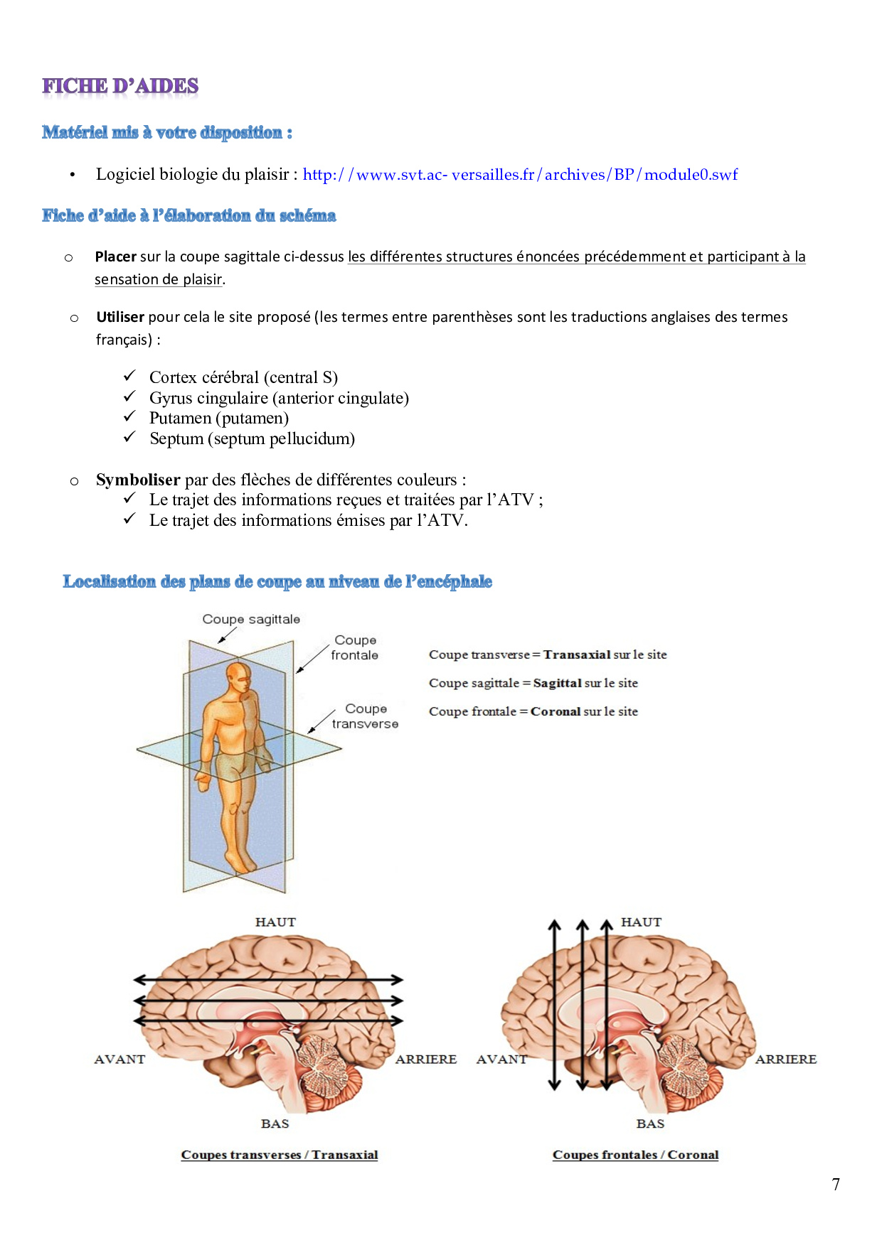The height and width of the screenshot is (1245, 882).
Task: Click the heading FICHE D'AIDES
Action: [x=120, y=87]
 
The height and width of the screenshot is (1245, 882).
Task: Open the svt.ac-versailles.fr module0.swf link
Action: [x=520, y=175]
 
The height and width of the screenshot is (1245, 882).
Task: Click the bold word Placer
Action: [x=115, y=257]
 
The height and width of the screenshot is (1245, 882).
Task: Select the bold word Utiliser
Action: [x=120, y=317]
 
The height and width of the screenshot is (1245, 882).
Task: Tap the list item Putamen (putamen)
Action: [x=218, y=418]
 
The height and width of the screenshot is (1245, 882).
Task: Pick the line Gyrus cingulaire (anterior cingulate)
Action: [x=279, y=398]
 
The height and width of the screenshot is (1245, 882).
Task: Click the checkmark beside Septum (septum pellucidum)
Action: [x=129, y=438]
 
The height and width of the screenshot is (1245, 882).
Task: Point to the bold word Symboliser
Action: [x=138, y=480]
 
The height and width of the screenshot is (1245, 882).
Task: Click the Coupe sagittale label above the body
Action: [x=251, y=619]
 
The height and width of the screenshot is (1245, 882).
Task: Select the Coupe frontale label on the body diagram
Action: [x=355, y=647]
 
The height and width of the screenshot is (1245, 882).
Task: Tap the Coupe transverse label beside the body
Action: [x=365, y=716]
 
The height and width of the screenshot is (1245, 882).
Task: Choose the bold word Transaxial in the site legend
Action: [x=577, y=654]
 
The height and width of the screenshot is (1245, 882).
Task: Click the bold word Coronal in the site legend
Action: [x=556, y=711]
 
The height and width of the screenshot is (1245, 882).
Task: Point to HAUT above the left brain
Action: [x=275, y=922]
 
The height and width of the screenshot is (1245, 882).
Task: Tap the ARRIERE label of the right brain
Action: [x=785, y=1059]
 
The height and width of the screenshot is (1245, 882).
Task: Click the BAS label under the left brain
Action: [x=275, y=1123]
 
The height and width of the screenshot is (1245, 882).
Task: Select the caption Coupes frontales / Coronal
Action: [x=635, y=1155]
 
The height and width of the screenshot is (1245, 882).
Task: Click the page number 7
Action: [x=836, y=1185]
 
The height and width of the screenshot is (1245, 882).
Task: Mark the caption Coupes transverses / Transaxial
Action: [x=280, y=1155]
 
